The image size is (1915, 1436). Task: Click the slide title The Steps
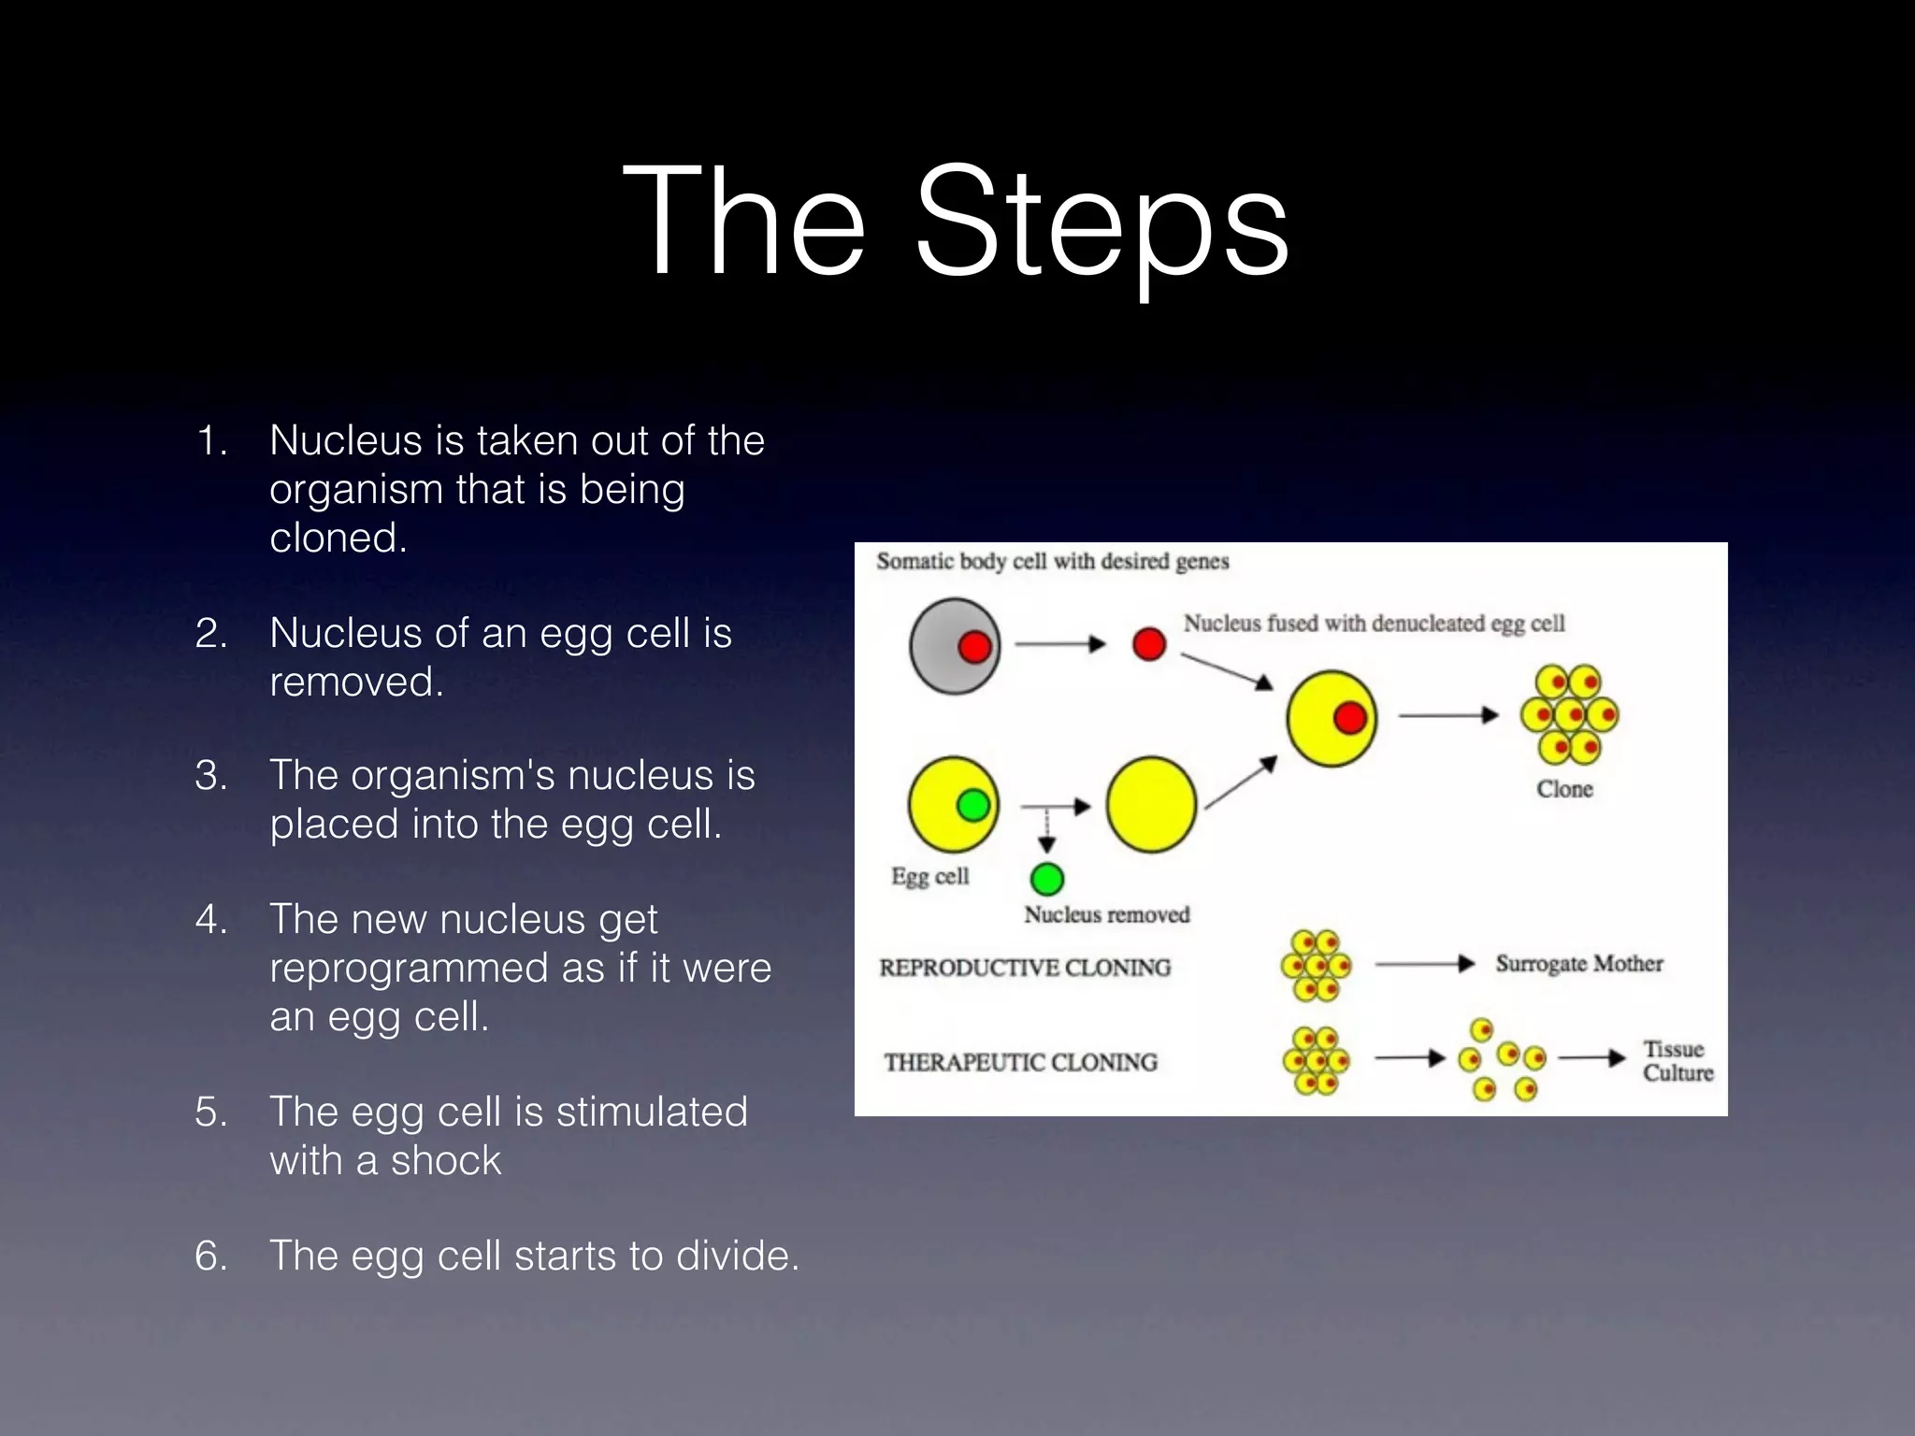pyautogui.click(x=956, y=223)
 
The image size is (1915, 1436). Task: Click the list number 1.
pyautogui.click(x=211, y=441)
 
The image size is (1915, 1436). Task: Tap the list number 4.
pyautogui.click(x=211, y=920)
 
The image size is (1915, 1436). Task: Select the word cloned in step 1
pyautogui.click(x=338, y=538)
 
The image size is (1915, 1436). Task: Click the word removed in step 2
pyautogui.click(x=356, y=682)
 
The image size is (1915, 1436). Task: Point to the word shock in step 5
pyautogui.click(x=446, y=1161)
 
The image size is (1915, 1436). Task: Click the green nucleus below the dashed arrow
pyautogui.click(x=1047, y=880)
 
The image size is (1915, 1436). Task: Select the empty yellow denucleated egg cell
pyautogui.click(x=1151, y=805)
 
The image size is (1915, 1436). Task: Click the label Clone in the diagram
pyautogui.click(x=1564, y=789)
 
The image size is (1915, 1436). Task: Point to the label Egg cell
pyautogui.click(x=929, y=877)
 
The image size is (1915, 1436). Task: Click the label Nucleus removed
pyautogui.click(x=1107, y=914)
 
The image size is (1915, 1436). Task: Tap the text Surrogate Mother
pyautogui.click(x=1579, y=964)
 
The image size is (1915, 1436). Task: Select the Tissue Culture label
pyautogui.click(x=1677, y=1061)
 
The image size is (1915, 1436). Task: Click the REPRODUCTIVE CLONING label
pyautogui.click(x=1025, y=968)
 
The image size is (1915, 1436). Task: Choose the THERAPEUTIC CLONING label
pyautogui.click(x=1021, y=1062)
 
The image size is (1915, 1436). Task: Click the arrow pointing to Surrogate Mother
pyautogui.click(x=1424, y=965)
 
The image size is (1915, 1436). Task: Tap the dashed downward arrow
pyautogui.click(x=1047, y=829)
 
